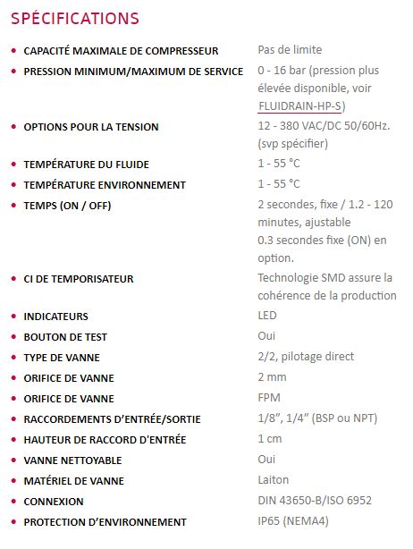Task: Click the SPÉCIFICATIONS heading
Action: click(x=75, y=18)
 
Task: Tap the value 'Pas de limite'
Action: click(x=290, y=50)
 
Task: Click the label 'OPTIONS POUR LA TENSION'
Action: click(x=91, y=127)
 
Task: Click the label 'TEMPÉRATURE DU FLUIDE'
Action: click(x=86, y=165)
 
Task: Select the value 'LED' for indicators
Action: click(x=267, y=316)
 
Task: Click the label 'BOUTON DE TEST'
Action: click(x=67, y=336)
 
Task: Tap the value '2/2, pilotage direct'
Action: click(x=306, y=357)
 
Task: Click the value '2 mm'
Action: click(x=272, y=377)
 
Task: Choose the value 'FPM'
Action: click(x=269, y=398)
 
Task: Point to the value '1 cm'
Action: click(x=270, y=439)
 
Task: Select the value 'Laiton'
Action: click(x=274, y=480)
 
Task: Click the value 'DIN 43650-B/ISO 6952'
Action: click(x=314, y=501)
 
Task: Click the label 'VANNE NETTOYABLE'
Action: click(x=74, y=460)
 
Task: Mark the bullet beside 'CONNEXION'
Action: click(x=13, y=502)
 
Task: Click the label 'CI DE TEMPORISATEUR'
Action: click(x=79, y=279)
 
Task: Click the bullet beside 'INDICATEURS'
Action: click(x=13, y=317)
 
